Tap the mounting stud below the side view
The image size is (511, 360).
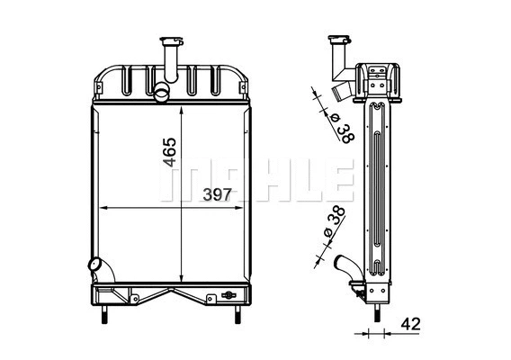(374, 315)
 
